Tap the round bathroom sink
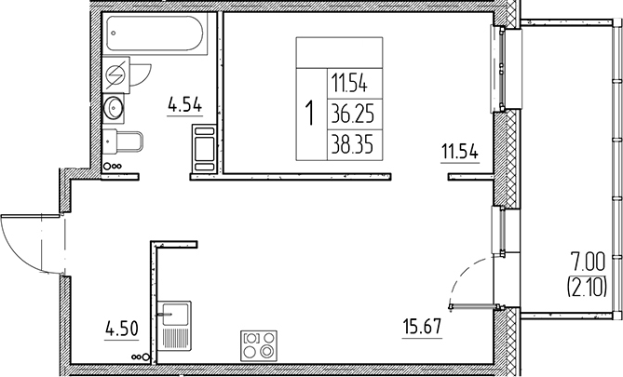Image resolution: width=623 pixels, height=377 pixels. tap(116, 108)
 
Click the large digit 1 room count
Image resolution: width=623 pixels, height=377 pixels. tap(310, 114)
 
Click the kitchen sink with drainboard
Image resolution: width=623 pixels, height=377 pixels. tap(174, 323)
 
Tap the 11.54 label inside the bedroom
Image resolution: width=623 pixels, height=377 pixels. tap(459, 152)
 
